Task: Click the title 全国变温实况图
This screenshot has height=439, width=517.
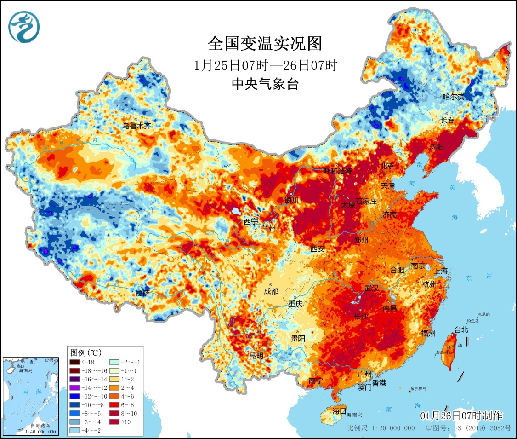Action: click(265, 44)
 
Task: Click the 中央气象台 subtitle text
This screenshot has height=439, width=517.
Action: click(265, 84)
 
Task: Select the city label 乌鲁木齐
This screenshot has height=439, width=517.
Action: click(136, 125)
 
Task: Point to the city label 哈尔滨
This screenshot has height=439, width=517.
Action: click(454, 97)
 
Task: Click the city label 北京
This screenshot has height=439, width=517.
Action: click(387, 166)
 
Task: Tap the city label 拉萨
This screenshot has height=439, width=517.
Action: click(143, 293)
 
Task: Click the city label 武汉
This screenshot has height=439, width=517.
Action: click(371, 288)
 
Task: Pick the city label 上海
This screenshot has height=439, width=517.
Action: click(441, 271)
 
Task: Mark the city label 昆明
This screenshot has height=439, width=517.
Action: click(256, 356)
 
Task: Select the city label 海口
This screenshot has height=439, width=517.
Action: click(339, 411)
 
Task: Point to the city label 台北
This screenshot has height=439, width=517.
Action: click(461, 329)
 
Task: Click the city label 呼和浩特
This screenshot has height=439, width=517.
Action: click(337, 171)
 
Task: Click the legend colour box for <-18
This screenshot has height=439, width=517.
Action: click(76, 362)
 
